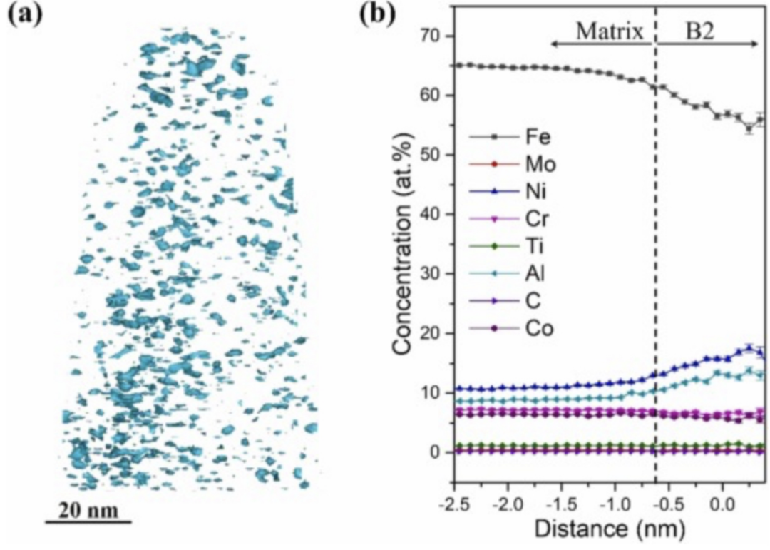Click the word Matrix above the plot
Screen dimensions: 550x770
point(609,32)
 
